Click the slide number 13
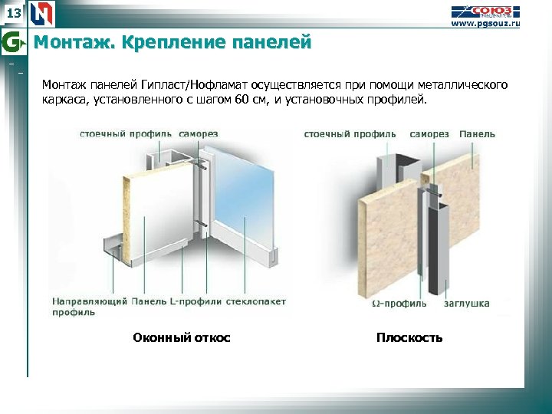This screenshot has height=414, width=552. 14,12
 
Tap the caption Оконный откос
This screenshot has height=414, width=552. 182,337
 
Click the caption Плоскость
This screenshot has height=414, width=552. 409,337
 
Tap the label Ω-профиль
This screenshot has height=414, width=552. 399,304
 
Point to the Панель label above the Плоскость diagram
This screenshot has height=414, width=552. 477,134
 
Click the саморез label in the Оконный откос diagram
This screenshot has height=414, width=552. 199,134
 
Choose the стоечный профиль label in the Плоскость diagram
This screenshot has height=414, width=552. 350,134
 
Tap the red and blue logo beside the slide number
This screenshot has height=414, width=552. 42,12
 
